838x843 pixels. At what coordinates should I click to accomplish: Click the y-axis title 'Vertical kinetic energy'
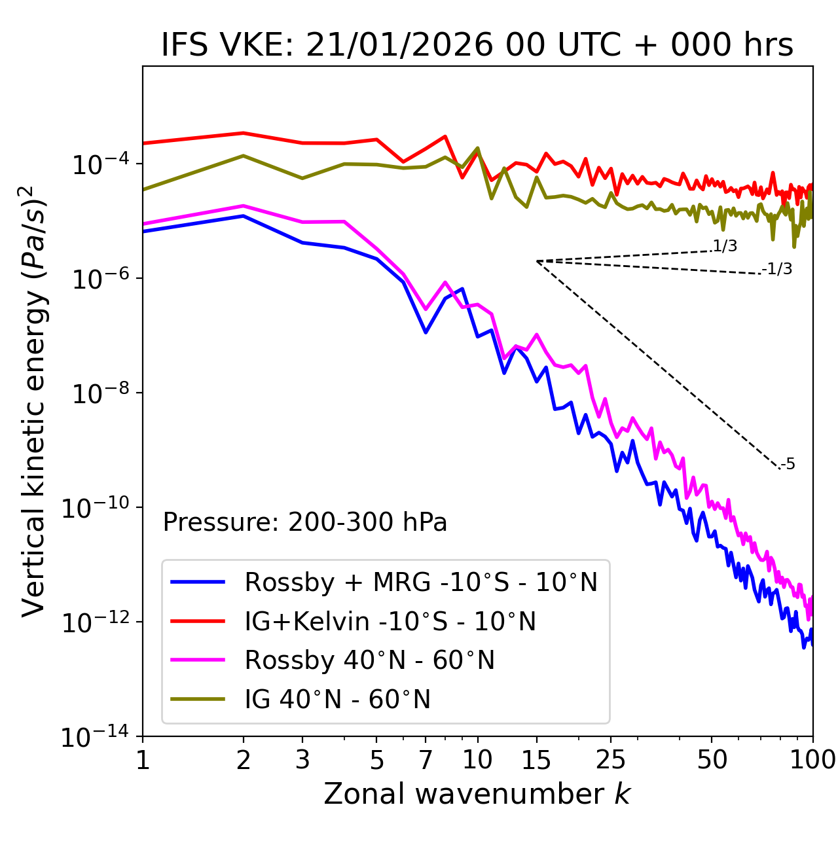34,401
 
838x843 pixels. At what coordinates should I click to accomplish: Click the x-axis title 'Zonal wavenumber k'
477,793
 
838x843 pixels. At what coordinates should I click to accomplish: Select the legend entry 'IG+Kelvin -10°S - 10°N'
390,621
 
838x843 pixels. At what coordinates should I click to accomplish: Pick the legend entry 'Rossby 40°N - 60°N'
369,660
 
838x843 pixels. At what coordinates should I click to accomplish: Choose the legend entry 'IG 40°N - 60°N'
337,700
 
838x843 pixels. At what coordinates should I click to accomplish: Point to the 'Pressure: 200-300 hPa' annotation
304,522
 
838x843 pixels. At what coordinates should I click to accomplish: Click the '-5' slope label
788,465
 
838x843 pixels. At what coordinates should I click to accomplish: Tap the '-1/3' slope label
777,269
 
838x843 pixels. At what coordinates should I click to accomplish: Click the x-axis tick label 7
426,760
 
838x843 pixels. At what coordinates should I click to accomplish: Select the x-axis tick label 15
536,760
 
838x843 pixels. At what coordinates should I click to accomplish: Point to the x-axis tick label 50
712,760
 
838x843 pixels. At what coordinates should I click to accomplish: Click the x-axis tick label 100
812,760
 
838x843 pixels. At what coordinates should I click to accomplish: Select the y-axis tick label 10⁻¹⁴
96,737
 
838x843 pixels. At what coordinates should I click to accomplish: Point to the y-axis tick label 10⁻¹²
96,622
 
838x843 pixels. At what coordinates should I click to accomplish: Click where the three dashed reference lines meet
536,261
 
